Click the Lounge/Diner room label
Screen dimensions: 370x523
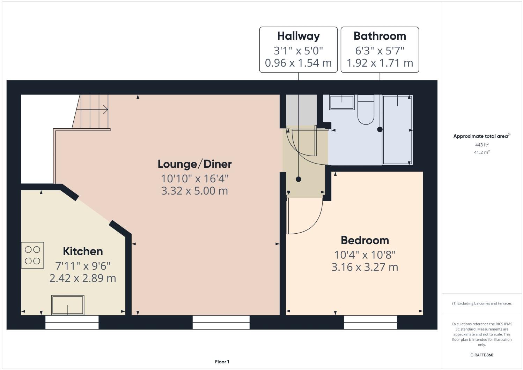coord(194,164)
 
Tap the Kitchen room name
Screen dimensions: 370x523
coord(83,251)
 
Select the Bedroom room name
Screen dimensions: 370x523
coord(364,240)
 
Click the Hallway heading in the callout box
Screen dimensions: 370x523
coord(298,36)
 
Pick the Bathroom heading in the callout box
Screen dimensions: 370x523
coord(380,36)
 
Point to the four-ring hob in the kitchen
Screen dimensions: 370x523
coord(32,255)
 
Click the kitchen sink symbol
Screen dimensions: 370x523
coord(68,305)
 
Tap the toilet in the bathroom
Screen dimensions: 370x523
coord(366,110)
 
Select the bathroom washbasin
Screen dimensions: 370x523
coord(342,102)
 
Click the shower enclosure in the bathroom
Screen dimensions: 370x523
coord(398,130)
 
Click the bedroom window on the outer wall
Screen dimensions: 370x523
coord(370,322)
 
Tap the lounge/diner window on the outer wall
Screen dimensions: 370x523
coord(221,322)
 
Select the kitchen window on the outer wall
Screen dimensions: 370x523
coord(72,322)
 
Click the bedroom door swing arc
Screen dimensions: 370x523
coord(309,223)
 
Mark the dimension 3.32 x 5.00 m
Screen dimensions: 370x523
coord(194,191)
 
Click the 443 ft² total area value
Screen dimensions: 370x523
coord(481,145)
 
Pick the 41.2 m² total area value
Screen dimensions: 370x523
coord(481,152)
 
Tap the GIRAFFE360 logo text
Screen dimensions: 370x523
coord(481,355)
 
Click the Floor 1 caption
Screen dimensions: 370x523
coord(222,362)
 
